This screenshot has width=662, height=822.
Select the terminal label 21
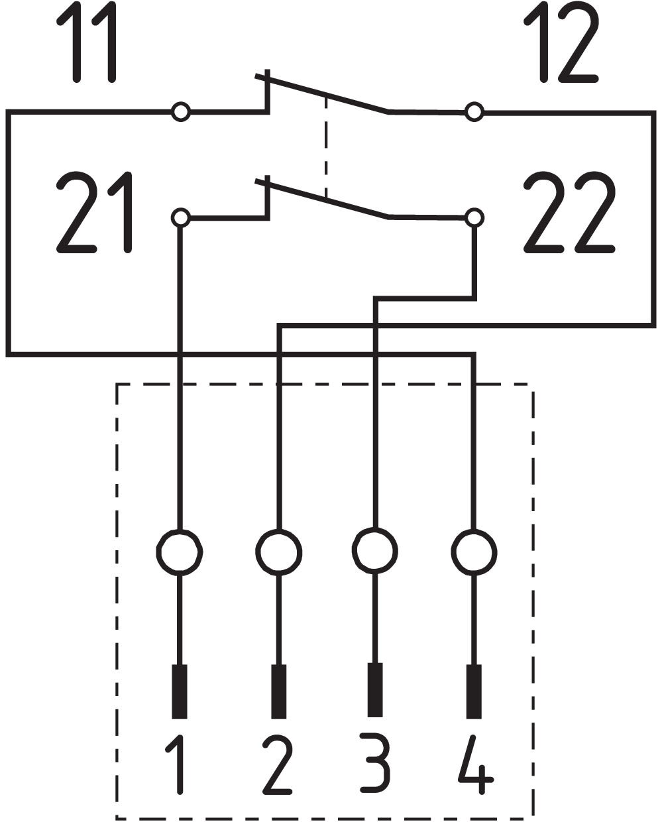(94, 212)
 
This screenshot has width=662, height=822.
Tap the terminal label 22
(569, 212)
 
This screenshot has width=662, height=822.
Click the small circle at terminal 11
(181, 112)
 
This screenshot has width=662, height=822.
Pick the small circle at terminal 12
(474, 112)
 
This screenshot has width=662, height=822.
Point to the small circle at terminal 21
(181, 218)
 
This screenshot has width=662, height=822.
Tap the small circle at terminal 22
(474, 218)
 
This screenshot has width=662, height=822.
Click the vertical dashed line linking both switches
(325, 147)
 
